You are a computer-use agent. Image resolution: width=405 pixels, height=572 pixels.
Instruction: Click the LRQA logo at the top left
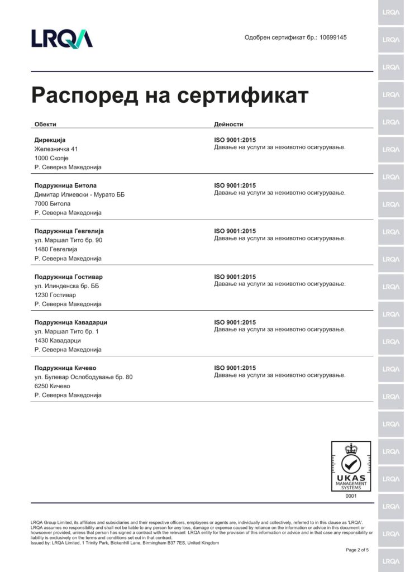62,38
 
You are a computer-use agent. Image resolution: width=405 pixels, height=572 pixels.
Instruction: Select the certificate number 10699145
333,37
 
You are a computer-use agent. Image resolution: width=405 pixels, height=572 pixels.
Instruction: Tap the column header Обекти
45,124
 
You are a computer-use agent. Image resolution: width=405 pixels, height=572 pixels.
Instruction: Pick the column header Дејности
228,124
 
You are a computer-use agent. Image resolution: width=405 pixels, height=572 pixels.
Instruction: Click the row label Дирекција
50,140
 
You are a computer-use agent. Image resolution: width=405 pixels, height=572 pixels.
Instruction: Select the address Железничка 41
56,149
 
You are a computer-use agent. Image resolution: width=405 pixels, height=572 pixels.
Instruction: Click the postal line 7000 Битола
53,204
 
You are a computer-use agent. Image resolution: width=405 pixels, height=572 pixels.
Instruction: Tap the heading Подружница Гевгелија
69,231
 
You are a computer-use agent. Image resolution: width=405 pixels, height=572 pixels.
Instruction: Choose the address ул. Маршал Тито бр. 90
68,240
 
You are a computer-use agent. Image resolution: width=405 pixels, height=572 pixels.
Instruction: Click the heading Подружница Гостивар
68,277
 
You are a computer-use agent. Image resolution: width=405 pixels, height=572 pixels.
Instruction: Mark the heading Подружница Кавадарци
70,323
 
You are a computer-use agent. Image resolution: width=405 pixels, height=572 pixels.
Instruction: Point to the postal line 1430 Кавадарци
58,341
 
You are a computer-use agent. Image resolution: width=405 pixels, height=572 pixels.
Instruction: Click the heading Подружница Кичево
65,368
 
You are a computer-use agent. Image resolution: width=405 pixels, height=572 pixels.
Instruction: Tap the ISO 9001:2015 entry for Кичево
235,368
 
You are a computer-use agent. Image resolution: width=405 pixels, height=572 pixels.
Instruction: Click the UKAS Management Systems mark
351,466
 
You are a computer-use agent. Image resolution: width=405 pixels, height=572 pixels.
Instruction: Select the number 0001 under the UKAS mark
351,495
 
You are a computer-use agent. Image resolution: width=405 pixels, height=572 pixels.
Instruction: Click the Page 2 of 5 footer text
357,550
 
